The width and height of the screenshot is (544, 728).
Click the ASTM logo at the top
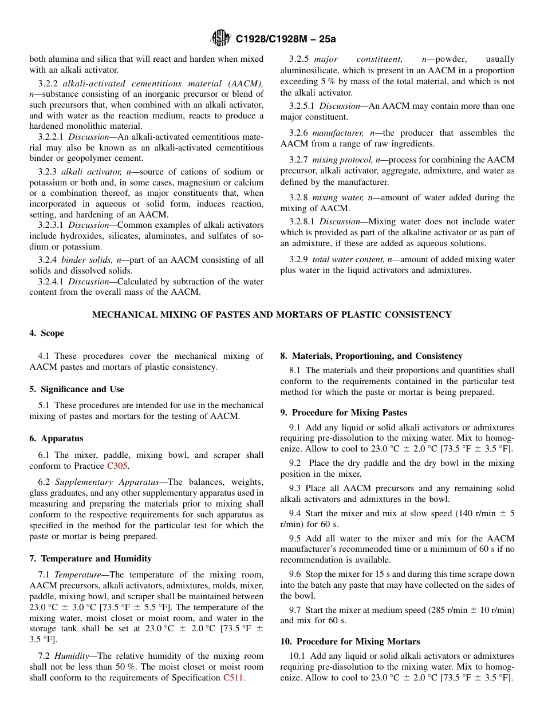point(220,38)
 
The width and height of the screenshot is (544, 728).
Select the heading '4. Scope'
point(47,333)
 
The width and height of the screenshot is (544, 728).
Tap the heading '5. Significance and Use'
point(77,389)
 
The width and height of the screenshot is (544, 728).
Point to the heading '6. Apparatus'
point(56,438)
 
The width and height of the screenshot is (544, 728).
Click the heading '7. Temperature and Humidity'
point(90,559)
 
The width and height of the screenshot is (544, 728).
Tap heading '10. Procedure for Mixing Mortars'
point(350,642)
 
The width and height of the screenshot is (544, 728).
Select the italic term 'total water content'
point(349,259)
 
